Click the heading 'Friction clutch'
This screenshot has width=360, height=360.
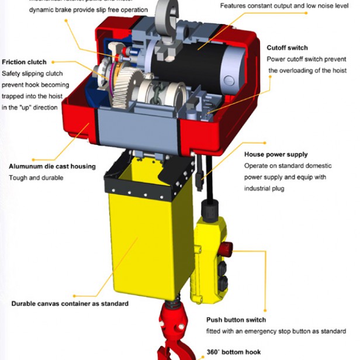[x=24, y=62]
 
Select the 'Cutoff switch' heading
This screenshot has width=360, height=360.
[x=287, y=48]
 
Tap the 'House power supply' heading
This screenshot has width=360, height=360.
[x=275, y=155]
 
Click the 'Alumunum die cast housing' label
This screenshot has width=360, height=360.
[x=52, y=167]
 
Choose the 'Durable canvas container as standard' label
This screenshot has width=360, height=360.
[x=70, y=303]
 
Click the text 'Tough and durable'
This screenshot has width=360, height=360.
[x=32, y=178]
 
